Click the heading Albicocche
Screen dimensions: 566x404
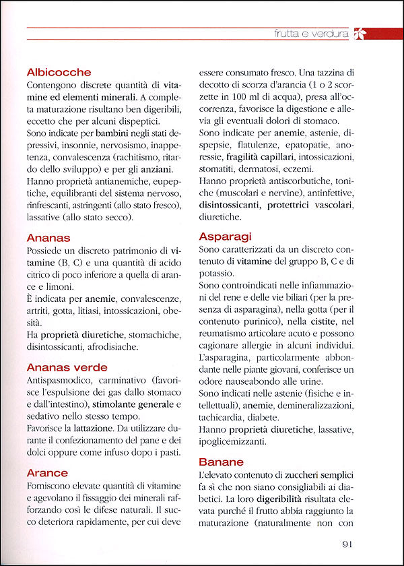[59, 72]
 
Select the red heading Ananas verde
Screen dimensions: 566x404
[67, 367]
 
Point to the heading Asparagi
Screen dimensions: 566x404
[226, 237]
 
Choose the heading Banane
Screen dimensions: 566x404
[222, 462]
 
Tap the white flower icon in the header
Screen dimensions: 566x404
[360, 32]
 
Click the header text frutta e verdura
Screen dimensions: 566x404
[311, 32]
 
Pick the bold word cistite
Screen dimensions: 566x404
[328, 323]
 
